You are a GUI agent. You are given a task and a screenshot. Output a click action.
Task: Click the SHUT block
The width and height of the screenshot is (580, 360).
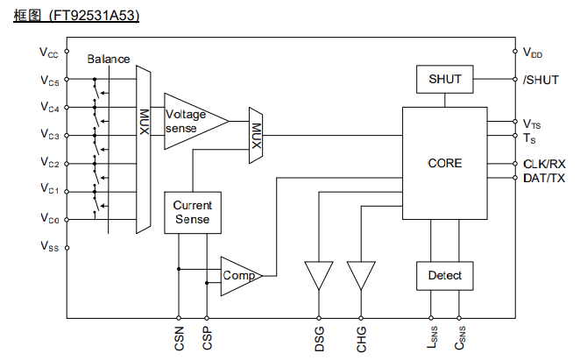pos(444,80)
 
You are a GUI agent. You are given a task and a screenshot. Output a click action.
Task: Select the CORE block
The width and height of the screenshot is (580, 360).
pos(444,164)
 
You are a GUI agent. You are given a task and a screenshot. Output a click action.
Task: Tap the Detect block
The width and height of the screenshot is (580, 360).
pos(444,276)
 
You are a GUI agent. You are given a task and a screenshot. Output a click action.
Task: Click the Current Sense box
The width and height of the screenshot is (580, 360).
pos(192,213)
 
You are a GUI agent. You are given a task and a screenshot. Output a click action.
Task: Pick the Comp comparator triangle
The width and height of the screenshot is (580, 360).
pos(239,276)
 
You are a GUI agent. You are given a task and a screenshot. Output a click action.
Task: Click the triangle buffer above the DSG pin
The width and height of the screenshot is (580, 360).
pos(318,274)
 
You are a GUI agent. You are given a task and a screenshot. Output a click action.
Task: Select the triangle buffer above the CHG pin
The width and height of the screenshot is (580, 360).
pos(360,274)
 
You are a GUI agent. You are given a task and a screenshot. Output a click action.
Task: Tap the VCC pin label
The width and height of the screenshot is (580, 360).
pos(49,53)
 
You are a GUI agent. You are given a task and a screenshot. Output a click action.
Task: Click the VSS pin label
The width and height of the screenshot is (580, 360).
pos(49,248)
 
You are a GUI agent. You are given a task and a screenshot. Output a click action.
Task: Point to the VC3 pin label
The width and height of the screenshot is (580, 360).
pos(49,135)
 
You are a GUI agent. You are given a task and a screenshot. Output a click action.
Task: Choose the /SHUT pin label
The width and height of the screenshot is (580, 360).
pos(541,80)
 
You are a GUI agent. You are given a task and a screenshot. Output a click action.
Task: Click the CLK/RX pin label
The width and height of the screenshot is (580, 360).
pos(544,164)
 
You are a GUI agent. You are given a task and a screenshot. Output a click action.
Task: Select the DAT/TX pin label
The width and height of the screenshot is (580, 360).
pos(544,178)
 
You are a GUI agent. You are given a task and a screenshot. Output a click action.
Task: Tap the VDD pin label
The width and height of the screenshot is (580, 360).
pos(533,53)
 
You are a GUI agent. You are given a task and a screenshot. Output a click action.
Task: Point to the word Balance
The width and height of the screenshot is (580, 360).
pos(109,60)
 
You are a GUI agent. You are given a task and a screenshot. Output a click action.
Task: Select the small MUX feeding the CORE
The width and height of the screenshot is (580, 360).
pos(257,135)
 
